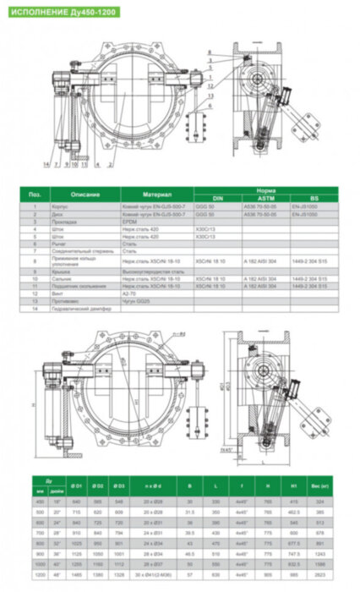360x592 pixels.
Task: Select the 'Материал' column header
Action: click(156, 195)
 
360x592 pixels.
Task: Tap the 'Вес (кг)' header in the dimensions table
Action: click(322, 487)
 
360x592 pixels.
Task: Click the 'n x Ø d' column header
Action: click(154, 487)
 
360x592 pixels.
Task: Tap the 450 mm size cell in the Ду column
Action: click(39, 502)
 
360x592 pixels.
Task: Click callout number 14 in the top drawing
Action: click(46, 162)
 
